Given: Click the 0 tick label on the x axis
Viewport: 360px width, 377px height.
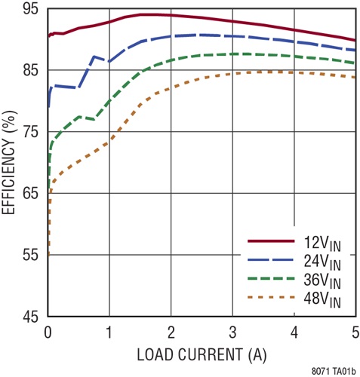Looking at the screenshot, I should point(48,332).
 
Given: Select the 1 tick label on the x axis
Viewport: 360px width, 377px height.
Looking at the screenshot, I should point(109,332).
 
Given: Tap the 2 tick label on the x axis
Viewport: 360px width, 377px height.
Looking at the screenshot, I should point(171,332).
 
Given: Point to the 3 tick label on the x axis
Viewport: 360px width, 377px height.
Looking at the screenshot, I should point(232,332).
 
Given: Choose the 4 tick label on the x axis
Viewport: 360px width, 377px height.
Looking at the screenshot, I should point(294,332).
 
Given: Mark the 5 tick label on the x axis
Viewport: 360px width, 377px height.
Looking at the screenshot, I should point(355,332).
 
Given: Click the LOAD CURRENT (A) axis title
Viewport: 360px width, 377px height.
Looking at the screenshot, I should point(202,353).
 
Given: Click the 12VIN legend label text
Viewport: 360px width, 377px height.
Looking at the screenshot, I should point(322,243).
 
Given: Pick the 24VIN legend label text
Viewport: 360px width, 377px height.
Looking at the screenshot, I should point(322,263).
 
